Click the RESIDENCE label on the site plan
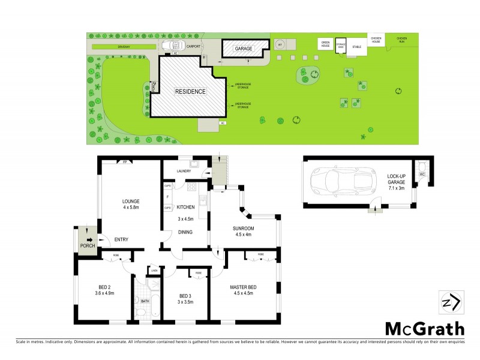190,92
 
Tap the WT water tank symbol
280,44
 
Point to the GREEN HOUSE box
325,45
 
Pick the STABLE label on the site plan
356,46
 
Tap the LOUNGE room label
131,201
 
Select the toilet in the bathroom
139,313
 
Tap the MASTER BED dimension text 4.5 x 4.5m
244,294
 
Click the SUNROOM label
244,229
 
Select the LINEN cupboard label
154,271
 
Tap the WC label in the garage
422,175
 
